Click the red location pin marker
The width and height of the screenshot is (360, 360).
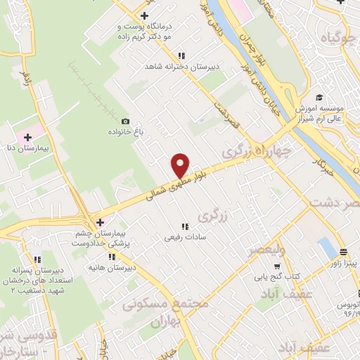pos(181,165)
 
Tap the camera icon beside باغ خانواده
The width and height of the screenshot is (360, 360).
pos(126,121)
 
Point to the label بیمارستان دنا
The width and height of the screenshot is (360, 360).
pos(27,148)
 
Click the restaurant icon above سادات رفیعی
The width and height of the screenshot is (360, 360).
pos(185,226)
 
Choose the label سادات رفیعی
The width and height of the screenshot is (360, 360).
pos(184,238)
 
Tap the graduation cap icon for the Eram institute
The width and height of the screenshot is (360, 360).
pos(319,97)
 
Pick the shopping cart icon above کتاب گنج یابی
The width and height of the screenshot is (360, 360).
pos(277,266)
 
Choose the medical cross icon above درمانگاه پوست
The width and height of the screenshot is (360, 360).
pos(144,15)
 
